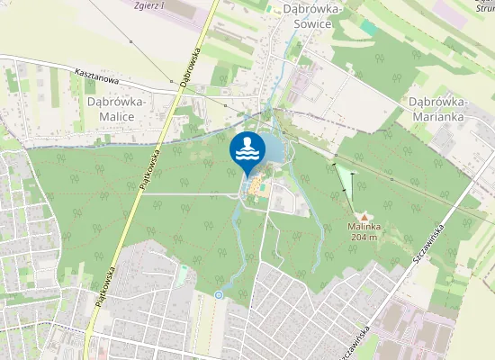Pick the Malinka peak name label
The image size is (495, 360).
[x=364, y=228]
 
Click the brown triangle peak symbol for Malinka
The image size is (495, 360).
[x=364, y=217]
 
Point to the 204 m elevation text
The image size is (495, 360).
[x=364, y=238]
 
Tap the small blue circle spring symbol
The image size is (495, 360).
[x=219, y=294]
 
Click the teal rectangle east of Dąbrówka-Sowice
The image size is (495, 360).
[x=368, y=28]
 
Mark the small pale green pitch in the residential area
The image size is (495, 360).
[x=183, y=274]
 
